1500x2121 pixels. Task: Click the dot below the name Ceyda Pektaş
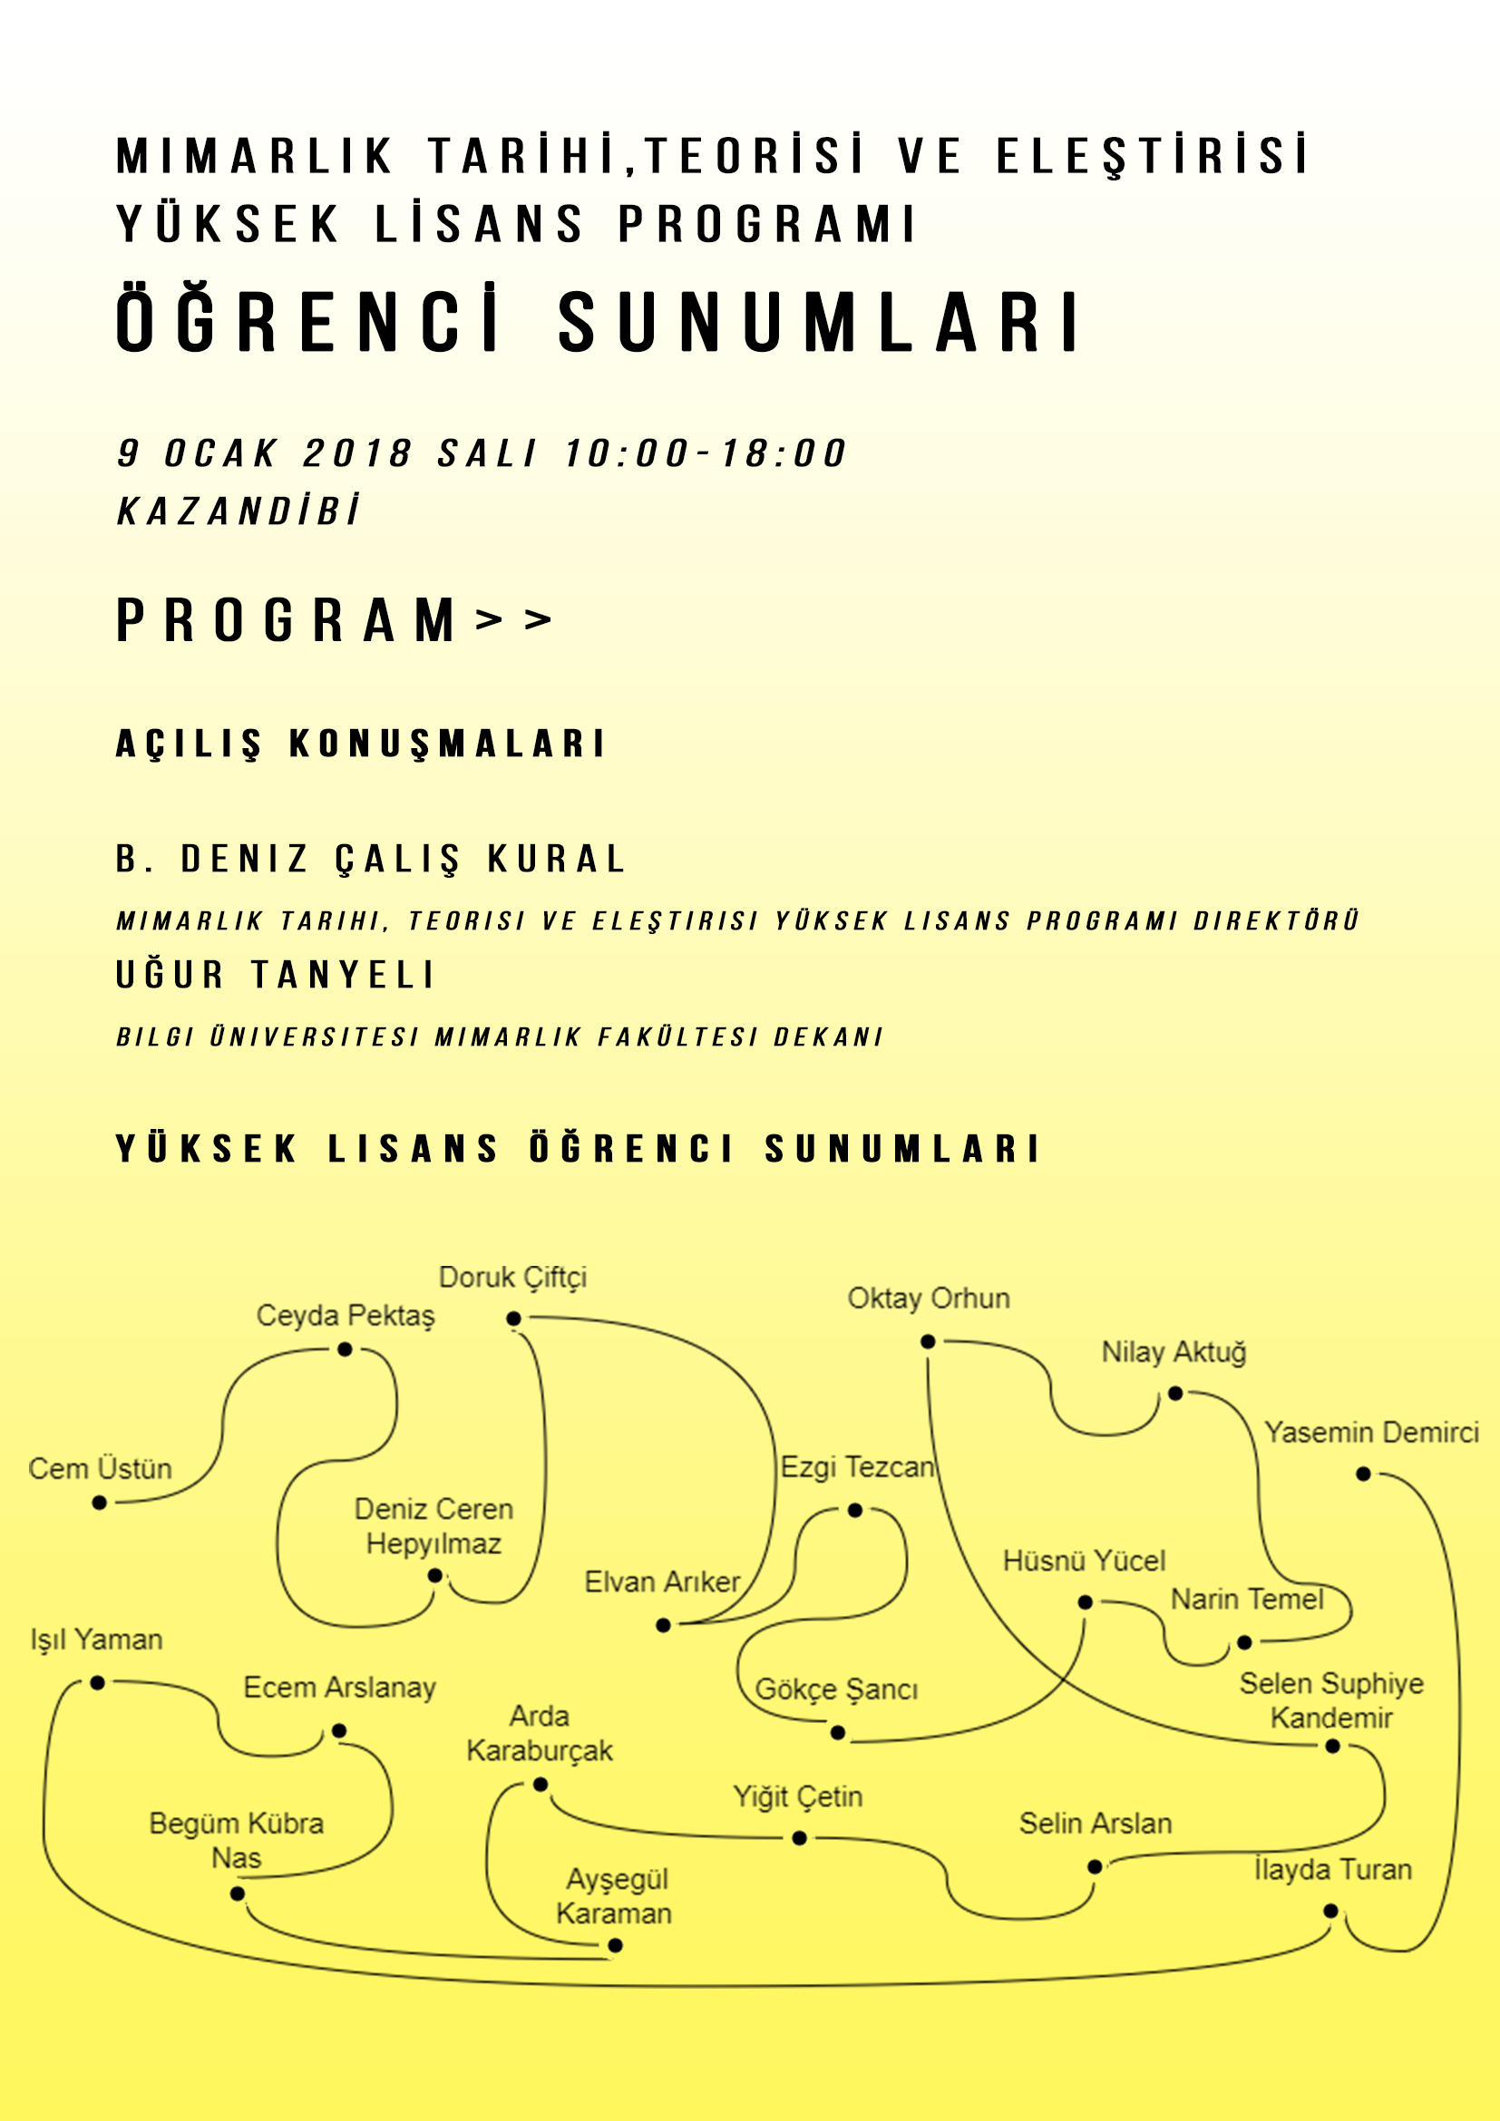tap(345, 1349)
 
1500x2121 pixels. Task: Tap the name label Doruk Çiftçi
tap(512, 1278)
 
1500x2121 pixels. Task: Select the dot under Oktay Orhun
tap(929, 1341)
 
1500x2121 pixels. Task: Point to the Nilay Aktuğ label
tap(1173, 1352)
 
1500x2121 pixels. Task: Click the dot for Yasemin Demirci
tap(1363, 1474)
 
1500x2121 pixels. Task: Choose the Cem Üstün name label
tap(100, 1469)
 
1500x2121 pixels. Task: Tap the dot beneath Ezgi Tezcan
tap(855, 1511)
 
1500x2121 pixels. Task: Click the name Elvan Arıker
tap(662, 1582)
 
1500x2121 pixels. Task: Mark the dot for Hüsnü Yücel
tap(1086, 1602)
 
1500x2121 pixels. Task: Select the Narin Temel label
tap(1247, 1599)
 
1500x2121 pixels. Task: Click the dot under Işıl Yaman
tap(97, 1683)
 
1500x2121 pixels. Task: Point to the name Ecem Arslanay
tap(339, 1688)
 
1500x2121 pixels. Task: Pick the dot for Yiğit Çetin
tap(800, 1838)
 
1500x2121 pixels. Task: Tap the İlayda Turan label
tap(1333, 1870)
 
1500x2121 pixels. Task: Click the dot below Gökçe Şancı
tap(838, 1733)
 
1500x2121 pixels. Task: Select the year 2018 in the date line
tap(356, 453)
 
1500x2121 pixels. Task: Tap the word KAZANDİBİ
tap(239, 511)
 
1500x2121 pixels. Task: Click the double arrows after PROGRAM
tap(513, 619)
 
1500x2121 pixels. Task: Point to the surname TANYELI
tap(342, 975)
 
